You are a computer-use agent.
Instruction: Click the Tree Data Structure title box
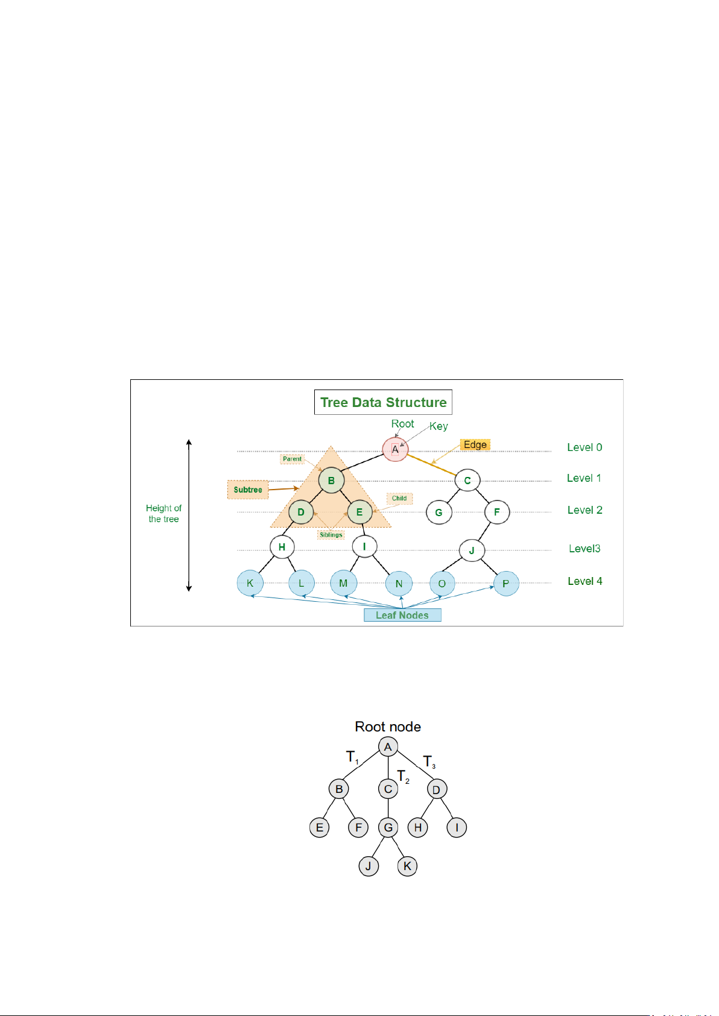tap(383, 402)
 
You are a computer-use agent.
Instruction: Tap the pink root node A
tap(395, 449)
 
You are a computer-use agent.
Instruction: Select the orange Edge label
tap(475, 445)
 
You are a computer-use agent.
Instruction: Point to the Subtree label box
tap(248, 490)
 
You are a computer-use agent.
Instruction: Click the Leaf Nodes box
tap(402, 615)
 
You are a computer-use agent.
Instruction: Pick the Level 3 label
tap(584, 549)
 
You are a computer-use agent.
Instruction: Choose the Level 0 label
tap(584, 447)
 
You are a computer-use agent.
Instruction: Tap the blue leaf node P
tap(506, 584)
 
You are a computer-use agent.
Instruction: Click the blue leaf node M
tap(343, 584)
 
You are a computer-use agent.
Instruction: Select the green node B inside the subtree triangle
tap(331, 481)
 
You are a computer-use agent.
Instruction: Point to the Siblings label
tap(331, 535)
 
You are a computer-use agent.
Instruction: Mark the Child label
tap(399, 499)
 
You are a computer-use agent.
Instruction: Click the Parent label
tap(292, 459)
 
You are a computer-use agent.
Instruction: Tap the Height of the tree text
tap(163, 514)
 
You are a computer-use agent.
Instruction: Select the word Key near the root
tap(439, 426)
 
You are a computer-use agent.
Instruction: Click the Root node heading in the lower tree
tap(388, 727)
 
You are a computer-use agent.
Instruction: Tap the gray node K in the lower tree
tap(407, 866)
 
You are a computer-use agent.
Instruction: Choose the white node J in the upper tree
tap(472, 551)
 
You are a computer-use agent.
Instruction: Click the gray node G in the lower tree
tap(388, 828)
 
